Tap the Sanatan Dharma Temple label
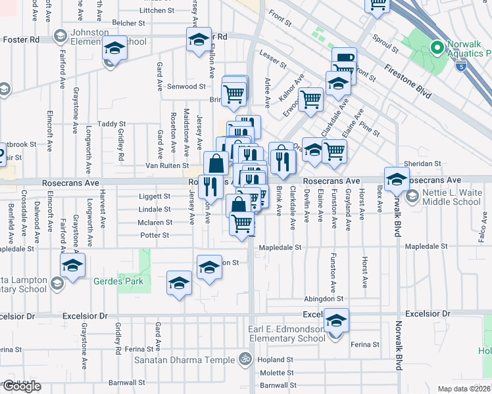click(x=184, y=360)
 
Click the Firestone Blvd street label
click(x=408, y=81)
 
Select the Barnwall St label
click(x=127, y=382)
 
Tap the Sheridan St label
click(x=423, y=164)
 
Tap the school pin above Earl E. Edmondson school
click(x=336, y=320)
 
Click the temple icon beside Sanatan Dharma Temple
click(x=245, y=359)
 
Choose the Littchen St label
click(x=153, y=11)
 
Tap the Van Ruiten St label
click(x=167, y=166)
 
